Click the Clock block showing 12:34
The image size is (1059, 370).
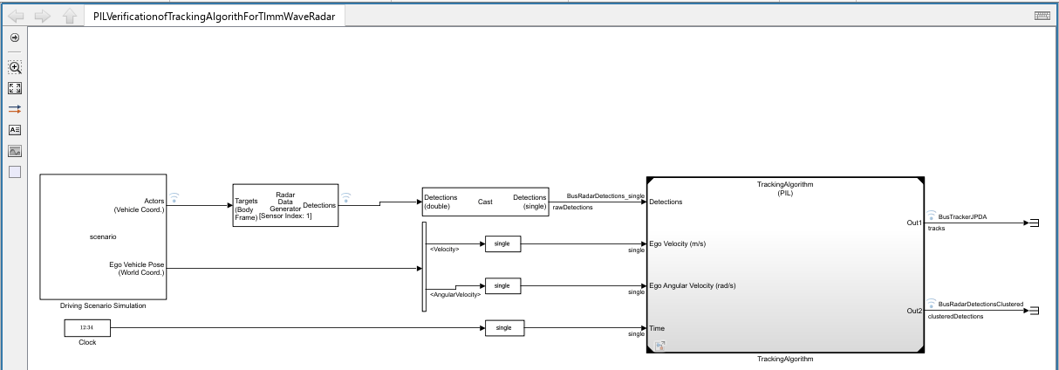tap(86, 328)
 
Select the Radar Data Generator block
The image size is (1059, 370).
tap(284, 205)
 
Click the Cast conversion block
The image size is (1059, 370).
tap(485, 202)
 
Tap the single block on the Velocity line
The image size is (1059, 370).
tap(502, 244)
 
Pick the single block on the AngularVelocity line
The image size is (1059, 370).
tap(502, 285)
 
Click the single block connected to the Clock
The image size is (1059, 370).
tap(504, 328)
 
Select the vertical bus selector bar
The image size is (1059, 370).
tap(424, 266)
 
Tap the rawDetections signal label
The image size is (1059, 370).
tap(572, 208)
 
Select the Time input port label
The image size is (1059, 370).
tap(657, 328)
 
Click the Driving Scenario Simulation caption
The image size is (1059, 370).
tap(103, 305)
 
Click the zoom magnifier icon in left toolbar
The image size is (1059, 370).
tap(15, 67)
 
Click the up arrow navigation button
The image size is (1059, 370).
tap(69, 17)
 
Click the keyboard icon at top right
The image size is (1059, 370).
tap(1042, 16)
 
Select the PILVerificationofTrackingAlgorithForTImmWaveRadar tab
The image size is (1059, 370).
tap(214, 17)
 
